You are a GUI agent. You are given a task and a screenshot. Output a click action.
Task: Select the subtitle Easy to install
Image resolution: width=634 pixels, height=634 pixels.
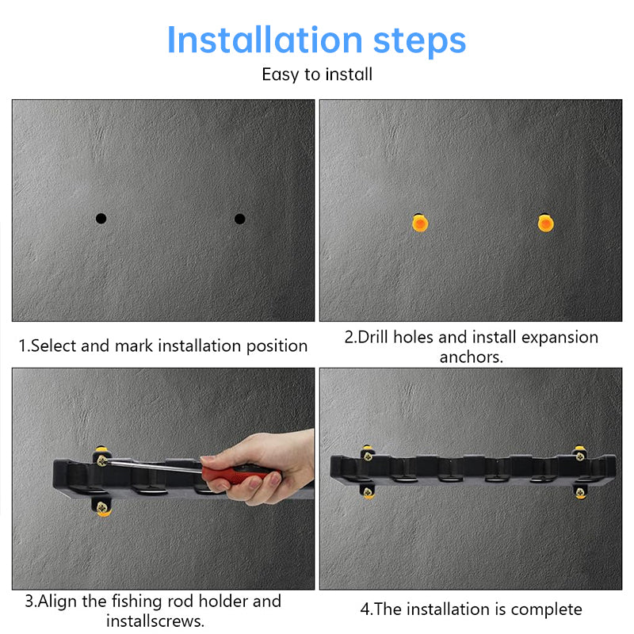pyautogui.click(x=317, y=74)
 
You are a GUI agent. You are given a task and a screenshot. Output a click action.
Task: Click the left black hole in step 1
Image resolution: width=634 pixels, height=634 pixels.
pyautogui.click(x=101, y=219)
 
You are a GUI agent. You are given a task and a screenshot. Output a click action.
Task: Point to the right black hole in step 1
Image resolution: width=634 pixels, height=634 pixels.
pyautogui.click(x=239, y=219)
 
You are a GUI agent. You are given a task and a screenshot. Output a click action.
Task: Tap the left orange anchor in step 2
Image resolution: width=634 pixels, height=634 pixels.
pyautogui.click(x=419, y=223)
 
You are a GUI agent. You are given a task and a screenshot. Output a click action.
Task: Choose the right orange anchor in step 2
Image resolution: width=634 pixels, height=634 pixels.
pyautogui.click(x=545, y=223)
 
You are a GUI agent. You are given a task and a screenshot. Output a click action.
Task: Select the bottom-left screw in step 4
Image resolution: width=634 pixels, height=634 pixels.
pyautogui.click(x=369, y=492)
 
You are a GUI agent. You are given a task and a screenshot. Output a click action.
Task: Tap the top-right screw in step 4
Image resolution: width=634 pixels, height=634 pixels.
pyautogui.click(x=579, y=453)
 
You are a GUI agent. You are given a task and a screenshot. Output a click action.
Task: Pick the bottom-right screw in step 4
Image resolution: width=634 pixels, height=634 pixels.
pyautogui.click(x=581, y=492)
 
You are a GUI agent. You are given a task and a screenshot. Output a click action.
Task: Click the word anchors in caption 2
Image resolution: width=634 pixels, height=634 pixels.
pyautogui.click(x=471, y=357)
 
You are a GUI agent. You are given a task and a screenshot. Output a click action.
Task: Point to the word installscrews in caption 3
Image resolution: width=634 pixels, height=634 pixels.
pyautogui.click(x=155, y=621)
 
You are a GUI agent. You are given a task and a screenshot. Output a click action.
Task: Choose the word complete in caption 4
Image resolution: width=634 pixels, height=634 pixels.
pyautogui.click(x=546, y=609)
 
